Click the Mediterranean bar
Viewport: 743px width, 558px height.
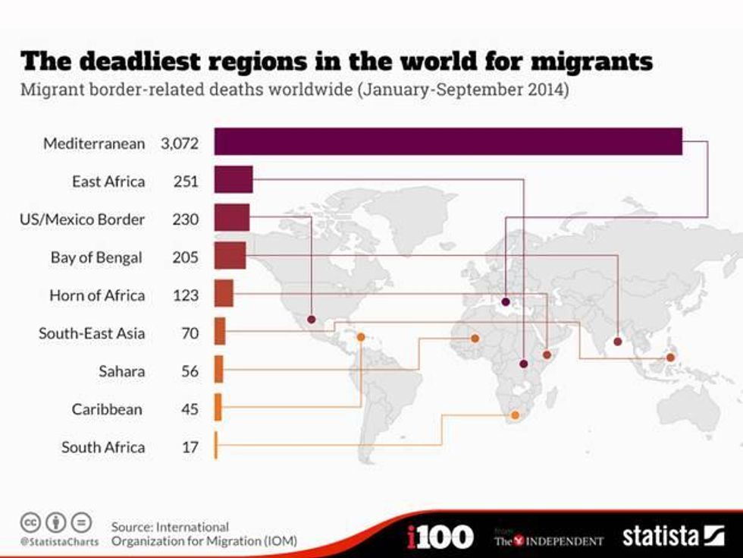447,142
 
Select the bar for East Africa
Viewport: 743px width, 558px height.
234,181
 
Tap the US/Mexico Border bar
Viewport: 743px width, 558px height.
232,218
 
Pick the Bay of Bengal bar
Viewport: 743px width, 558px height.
230,256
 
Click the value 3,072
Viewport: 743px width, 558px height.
179,143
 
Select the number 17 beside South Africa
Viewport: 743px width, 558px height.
190,446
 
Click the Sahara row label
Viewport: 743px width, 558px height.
121,371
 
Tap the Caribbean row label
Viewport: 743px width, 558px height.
107,409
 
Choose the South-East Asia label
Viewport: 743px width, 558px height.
92,333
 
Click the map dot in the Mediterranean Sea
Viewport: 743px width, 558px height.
506,302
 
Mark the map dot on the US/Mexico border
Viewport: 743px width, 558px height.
312,319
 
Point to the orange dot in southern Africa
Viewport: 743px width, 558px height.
515,415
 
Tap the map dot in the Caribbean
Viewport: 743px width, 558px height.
361,337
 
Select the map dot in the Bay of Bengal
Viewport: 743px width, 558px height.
617,342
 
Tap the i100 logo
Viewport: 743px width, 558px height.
440,537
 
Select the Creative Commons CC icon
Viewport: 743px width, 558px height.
30,522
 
